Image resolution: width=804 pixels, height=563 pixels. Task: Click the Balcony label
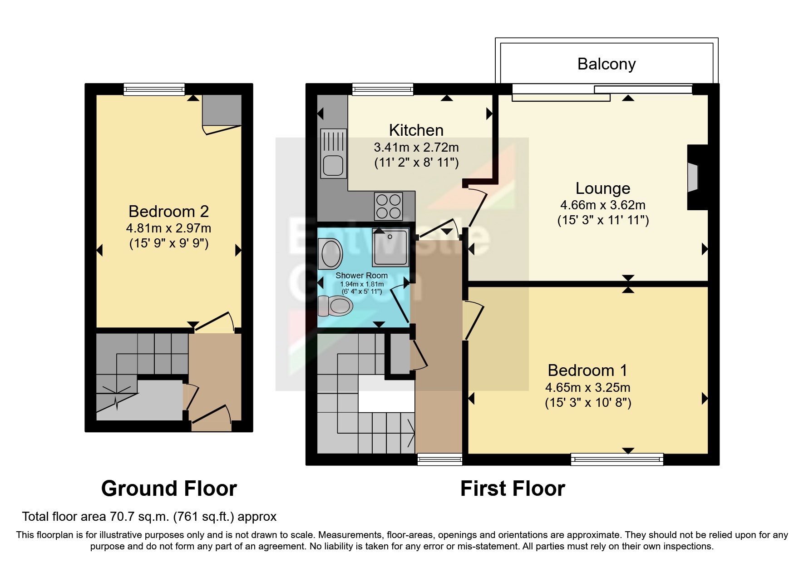(x=606, y=64)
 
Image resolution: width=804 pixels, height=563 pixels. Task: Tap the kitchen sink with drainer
(x=333, y=153)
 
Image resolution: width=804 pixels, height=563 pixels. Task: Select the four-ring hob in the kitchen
(x=389, y=206)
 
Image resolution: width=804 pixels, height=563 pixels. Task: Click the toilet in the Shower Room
(x=335, y=306)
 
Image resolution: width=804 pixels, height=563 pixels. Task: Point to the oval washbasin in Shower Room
(x=331, y=254)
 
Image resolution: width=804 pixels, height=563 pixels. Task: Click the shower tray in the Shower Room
(x=390, y=247)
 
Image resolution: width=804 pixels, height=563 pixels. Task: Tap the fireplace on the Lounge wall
(x=693, y=178)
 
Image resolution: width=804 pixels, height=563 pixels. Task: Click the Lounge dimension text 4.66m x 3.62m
(x=602, y=205)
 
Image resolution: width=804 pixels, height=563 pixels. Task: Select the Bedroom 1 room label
(x=587, y=370)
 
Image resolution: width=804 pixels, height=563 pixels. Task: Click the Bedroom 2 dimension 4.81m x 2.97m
(x=168, y=228)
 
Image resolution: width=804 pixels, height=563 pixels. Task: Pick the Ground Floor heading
(x=169, y=489)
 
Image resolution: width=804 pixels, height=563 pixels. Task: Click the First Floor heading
(x=513, y=489)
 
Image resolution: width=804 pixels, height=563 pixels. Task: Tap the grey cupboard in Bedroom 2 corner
(x=222, y=109)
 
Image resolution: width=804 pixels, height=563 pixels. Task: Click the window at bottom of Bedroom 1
(x=617, y=459)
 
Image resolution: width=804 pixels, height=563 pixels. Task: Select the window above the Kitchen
(x=382, y=89)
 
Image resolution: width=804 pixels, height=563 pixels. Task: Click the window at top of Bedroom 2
(x=154, y=89)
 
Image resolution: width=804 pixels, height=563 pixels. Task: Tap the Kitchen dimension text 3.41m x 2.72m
(x=416, y=148)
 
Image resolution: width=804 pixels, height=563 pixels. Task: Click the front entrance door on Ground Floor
(x=212, y=419)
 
